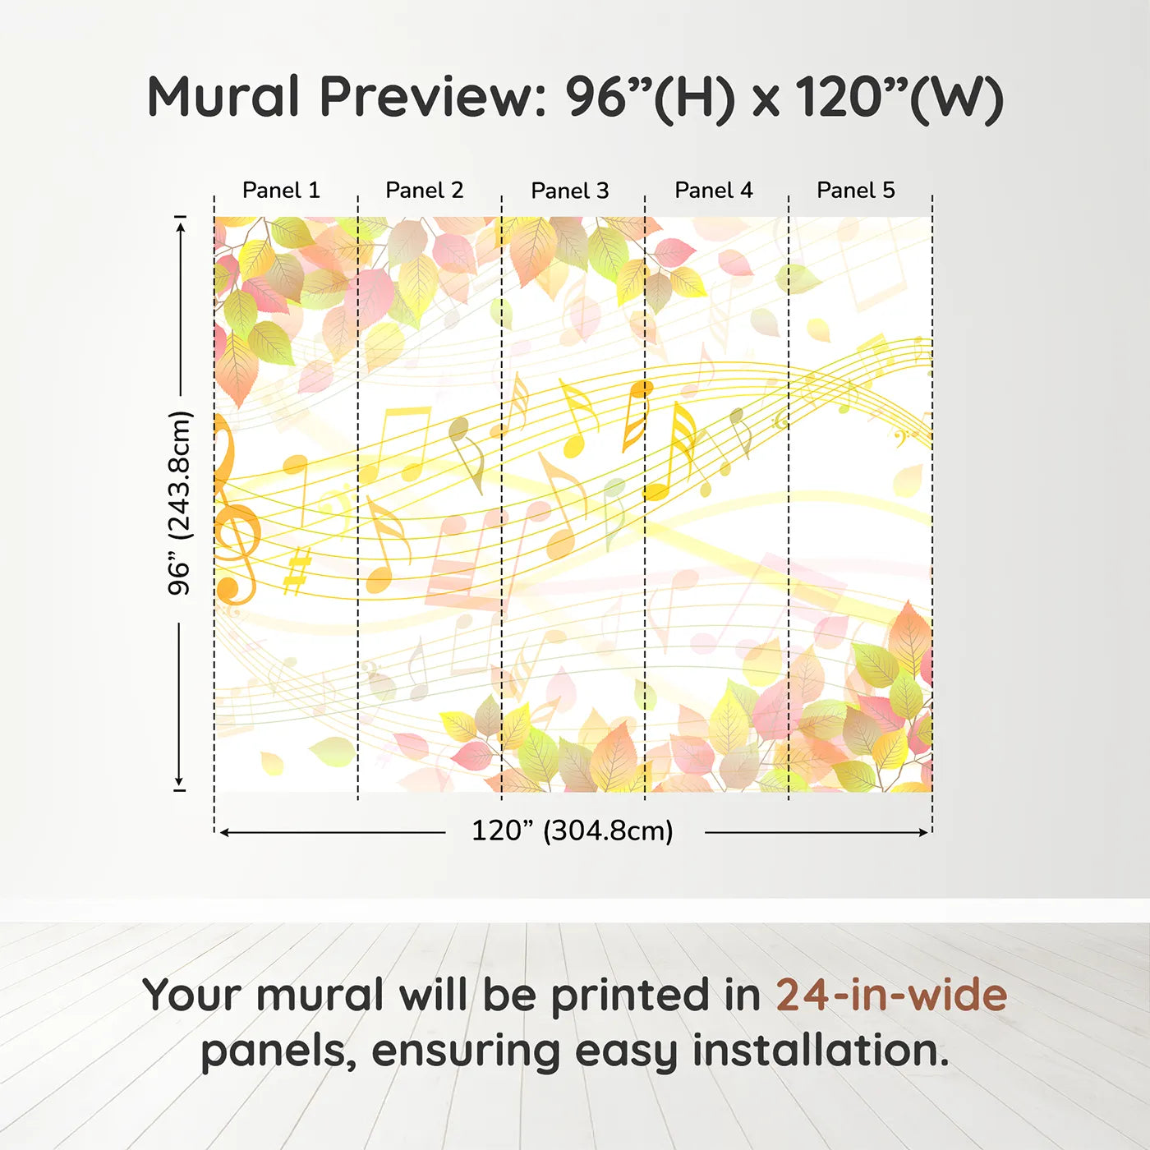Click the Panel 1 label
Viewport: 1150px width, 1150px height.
(281, 191)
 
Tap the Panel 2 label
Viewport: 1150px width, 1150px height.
(425, 191)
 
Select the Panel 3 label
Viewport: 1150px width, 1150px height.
(570, 191)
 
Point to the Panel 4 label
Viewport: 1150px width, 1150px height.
(714, 191)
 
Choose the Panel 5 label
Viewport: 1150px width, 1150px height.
(856, 191)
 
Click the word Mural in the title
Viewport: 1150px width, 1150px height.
(223, 97)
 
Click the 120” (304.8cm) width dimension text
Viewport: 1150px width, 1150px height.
(573, 831)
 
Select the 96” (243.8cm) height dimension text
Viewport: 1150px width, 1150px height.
(179, 503)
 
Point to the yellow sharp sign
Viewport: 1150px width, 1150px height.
(297, 571)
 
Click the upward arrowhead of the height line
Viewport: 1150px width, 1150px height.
(180, 224)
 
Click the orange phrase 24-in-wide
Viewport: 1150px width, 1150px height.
(891, 995)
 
